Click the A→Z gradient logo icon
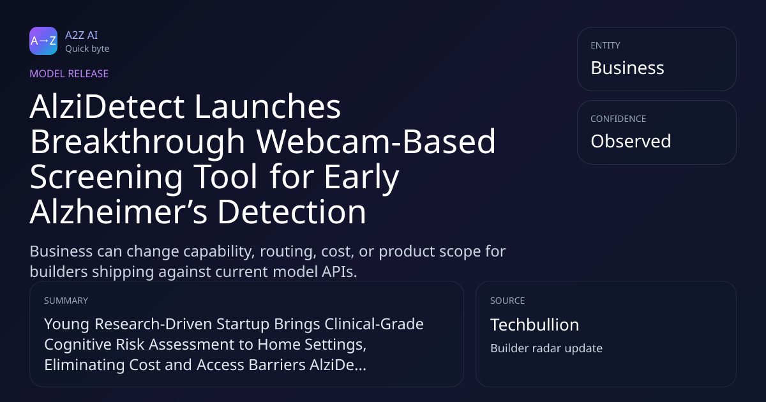pos(43,41)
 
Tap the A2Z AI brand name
pos(82,35)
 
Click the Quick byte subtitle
pos(87,49)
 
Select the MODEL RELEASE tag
pos(69,73)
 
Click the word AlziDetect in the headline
pos(107,107)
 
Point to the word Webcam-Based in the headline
pos(376,142)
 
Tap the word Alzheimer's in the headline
pos(118,212)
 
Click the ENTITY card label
pos(605,45)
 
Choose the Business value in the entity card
pos(627,68)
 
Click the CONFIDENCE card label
pos(619,119)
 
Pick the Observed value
pos(631,141)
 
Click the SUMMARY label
pos(66,301)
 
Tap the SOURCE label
pos(507,301)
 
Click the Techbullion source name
pos(535,325)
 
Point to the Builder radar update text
pos(546,348)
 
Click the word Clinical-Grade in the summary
pos(374,324)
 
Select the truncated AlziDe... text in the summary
pos(338,365)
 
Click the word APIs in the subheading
pos(339,272)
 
